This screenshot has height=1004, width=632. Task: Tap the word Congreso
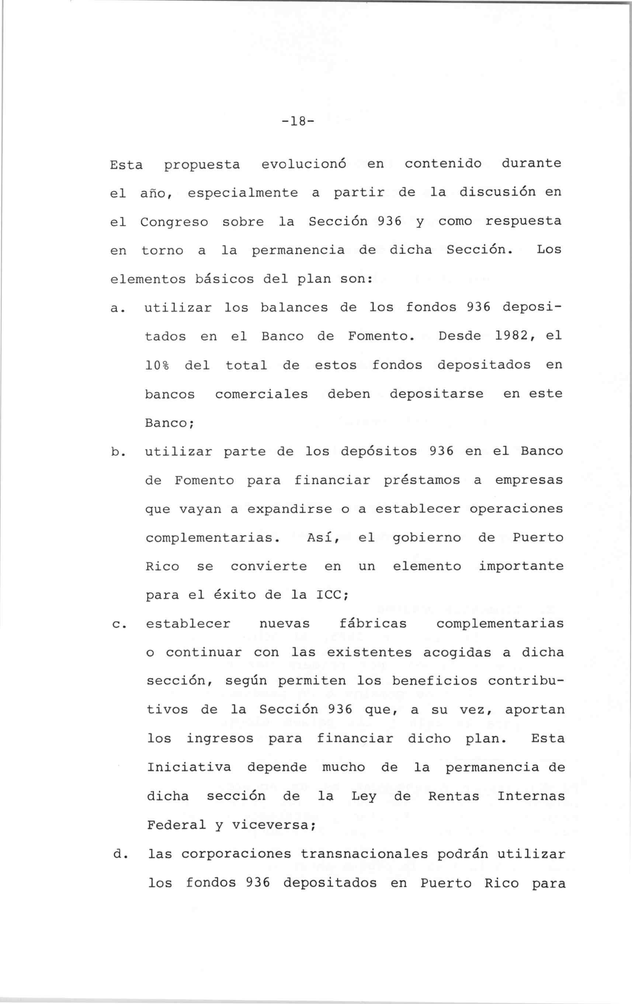click(x=174, y=222)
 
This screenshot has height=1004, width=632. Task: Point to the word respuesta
click(x=523, y=221)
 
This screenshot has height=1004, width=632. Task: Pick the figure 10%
click(x=157, y=365)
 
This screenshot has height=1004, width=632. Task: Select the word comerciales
click(x=261, y=394)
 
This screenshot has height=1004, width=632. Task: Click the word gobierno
click(x=427, y=538)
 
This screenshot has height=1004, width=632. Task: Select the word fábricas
click(x=373, y=624)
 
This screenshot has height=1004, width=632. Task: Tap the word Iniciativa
click(x=189, y=767)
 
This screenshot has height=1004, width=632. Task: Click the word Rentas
click(x=454, y=796)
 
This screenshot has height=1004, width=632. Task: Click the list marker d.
click(x=119, y=854)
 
